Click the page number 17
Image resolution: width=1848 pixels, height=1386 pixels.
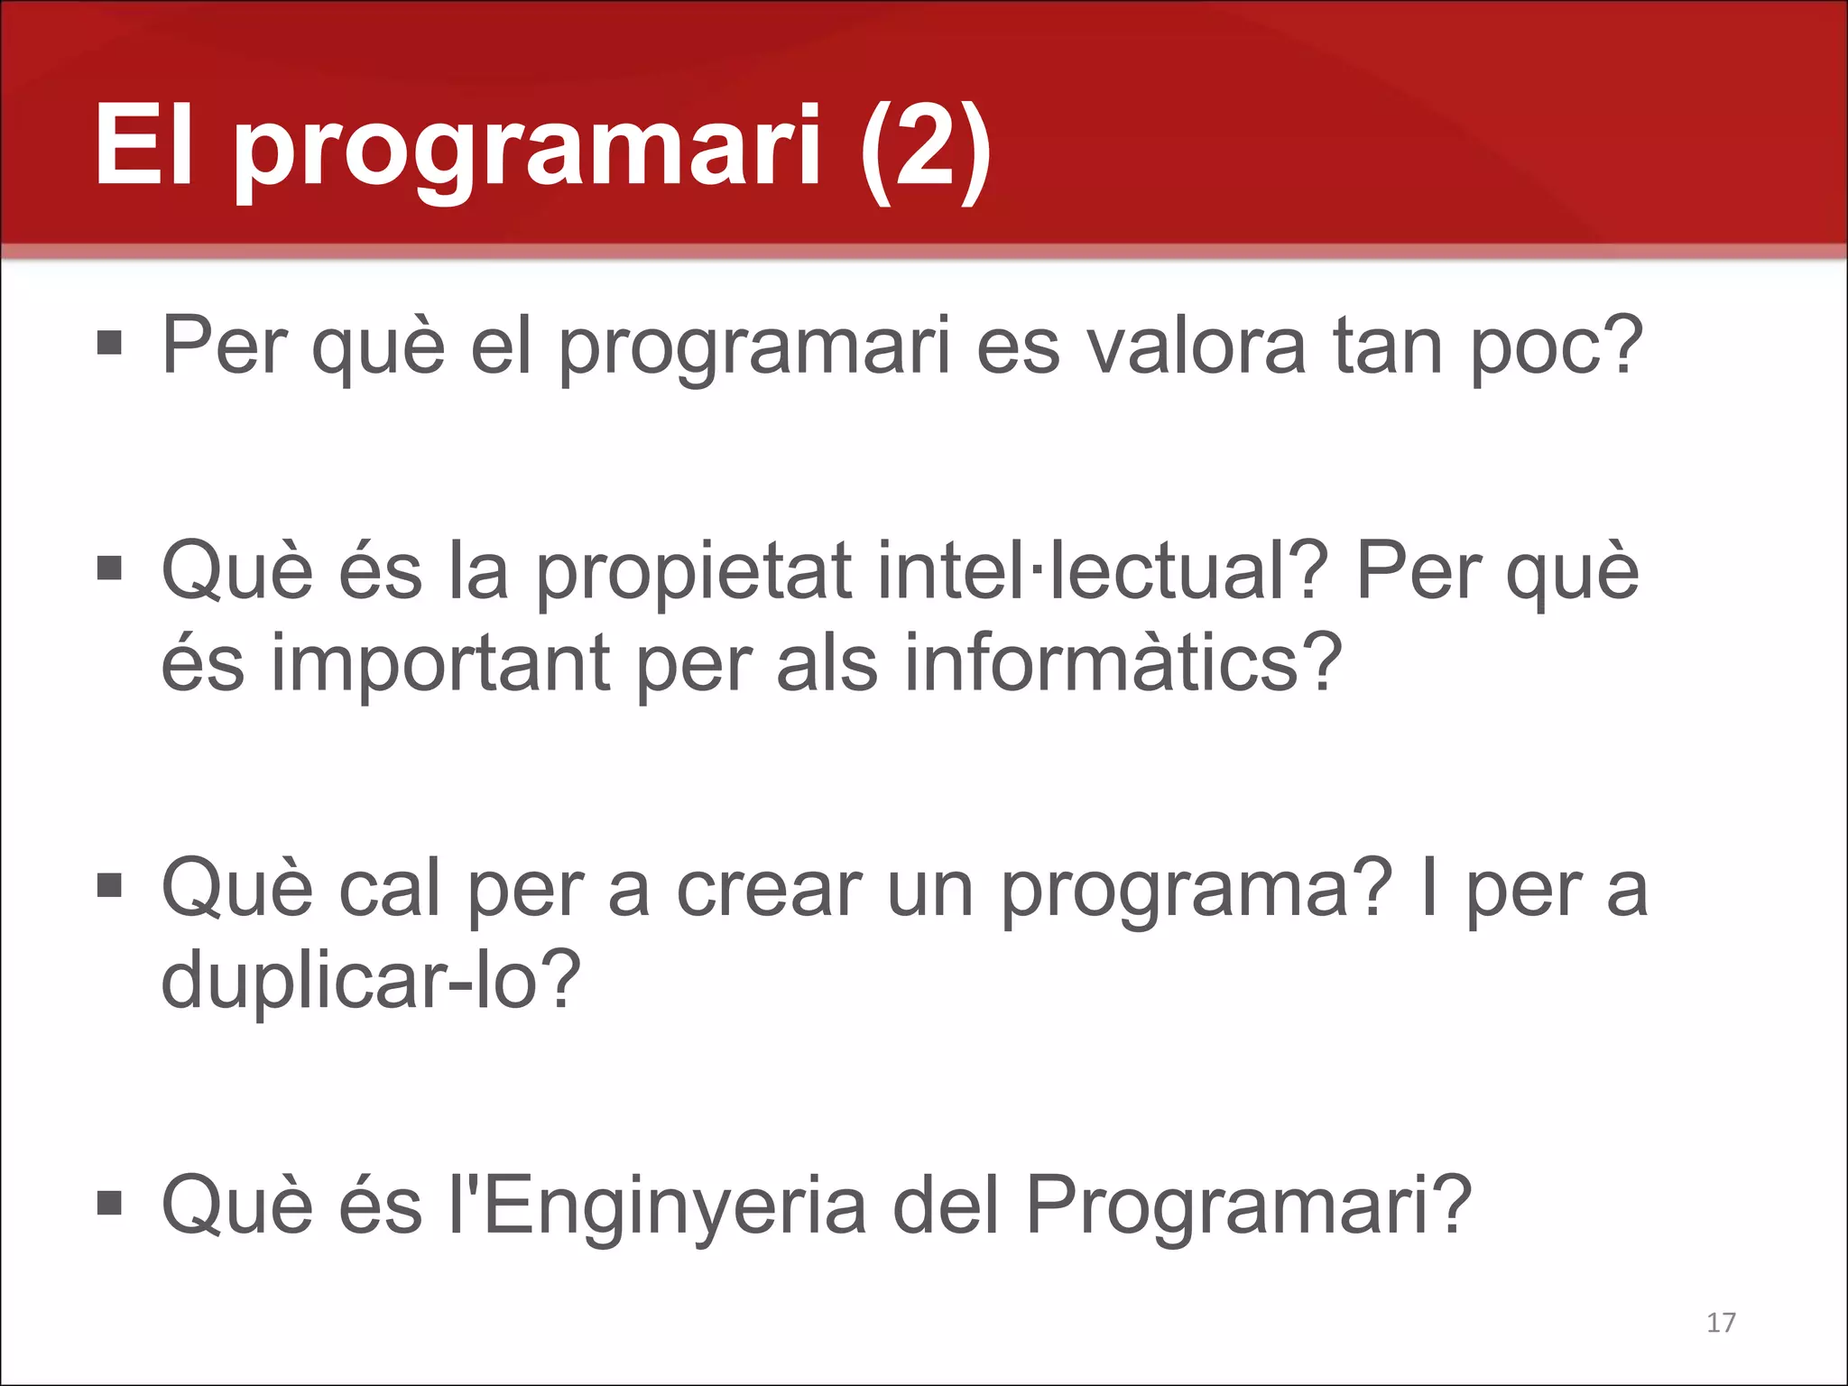[1721, 1323]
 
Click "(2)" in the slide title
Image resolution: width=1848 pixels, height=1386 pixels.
[926, 146]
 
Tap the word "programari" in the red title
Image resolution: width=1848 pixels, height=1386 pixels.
[528, 149]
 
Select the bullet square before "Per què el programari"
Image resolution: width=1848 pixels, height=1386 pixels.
[109, 343]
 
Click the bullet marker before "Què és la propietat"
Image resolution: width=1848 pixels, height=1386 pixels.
[109, 568]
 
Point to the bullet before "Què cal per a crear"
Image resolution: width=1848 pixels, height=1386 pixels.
[109, 886]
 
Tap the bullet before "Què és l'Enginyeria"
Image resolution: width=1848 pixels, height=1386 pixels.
[109, 1203]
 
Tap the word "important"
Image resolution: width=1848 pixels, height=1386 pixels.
[442, 665]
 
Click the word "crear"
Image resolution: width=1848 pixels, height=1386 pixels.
[769, 891]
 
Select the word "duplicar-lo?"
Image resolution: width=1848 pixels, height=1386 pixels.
[371, 981]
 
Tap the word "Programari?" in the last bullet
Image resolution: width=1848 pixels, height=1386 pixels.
[1249, 1206]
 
